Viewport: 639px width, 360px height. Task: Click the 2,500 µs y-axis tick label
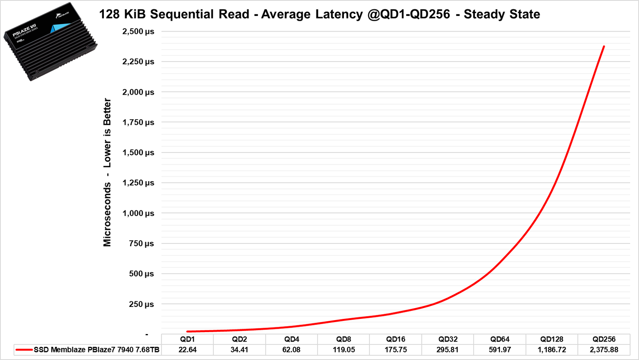pyautogui.click(x=138, y=32)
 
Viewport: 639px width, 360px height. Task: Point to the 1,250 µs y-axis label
pyautogui.click(x=138, y=183)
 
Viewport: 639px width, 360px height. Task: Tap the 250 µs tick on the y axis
pyautogui.click(x=141, y=304)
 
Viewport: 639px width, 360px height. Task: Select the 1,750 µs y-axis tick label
pyautogui.click(x=138, y=123)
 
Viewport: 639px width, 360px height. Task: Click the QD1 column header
pyautogui.click(x=187, y=339)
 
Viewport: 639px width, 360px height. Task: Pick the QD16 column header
pyautogui.click(x=395, y=339)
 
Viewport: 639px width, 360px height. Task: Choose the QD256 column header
pyautogui.click(x=604, y=339)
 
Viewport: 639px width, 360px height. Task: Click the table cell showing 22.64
pyautogui.click(x=187, y=350)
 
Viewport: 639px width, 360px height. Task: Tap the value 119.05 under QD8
pyautogui.click(x=343, y=350)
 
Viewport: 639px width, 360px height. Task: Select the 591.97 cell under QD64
pyautogui.click(x=500, y=350)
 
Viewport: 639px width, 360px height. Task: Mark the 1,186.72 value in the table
pyautogui.click(x=552, y=350)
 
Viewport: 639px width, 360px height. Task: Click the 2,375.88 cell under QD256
pyautogui.click(x=604, y=350)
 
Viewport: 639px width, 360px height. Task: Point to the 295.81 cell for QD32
pyautogui.click(x=448, y=350)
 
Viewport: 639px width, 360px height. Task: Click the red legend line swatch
pyautogui.click(x=24, y=350)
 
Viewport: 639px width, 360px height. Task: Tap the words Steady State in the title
pyautogui.click(x=502, y=14)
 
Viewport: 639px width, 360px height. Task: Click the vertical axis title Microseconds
pyautogui.click(x=107, y=214)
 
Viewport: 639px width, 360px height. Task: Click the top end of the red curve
pyautogui.click(x=604, y=47)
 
